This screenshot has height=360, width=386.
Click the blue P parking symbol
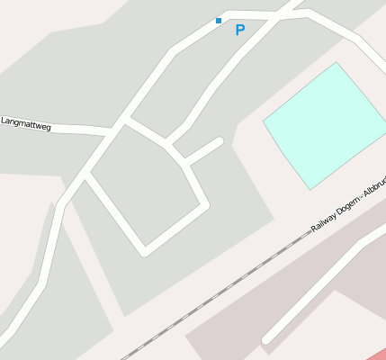(239, 31)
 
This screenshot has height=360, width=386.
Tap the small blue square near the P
(218, 20)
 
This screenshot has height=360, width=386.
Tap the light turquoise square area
(325, 125)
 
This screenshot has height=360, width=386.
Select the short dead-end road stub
(204, 151)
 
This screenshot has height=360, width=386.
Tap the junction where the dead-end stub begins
(186, 163)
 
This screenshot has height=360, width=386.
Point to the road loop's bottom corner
(144, 249)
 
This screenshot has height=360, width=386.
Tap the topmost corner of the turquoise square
(337, 63)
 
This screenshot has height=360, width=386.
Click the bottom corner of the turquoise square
(310, 189)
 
